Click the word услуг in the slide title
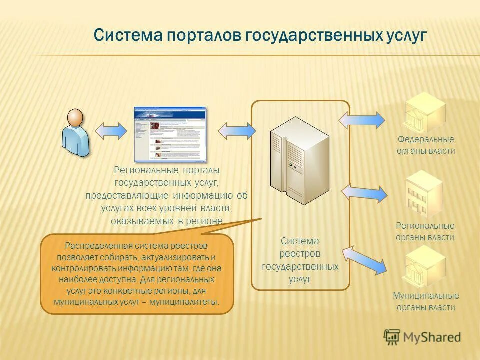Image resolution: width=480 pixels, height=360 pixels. coord(406,35)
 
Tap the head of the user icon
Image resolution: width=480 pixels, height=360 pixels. coord(76,118)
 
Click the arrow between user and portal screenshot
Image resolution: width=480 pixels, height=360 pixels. coord(111,130)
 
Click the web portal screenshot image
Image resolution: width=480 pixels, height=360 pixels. coord(170,134)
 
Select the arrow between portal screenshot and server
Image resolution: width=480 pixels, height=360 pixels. coord(237,130)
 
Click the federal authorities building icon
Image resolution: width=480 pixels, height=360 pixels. coord(425,112)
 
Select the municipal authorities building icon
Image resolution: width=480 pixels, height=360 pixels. coord(425,265)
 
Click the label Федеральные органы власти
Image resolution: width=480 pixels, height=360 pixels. coord(426,145)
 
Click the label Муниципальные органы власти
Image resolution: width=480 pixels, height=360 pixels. coord(426,301)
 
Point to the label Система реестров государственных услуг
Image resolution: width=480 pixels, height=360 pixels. coord(300,260)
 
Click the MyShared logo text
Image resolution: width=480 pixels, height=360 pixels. coord(432,337)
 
